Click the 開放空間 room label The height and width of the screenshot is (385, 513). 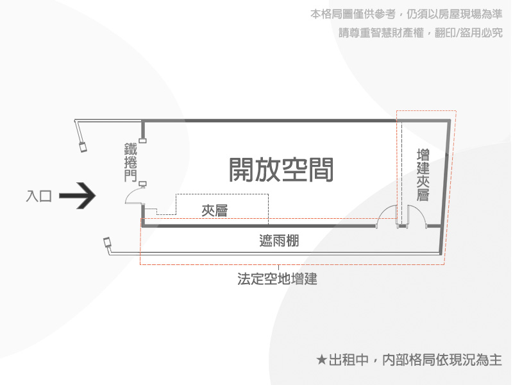[x=281, y=169]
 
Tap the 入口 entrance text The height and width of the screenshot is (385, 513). [x=39, y=196]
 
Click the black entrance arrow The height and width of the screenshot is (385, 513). [x=78, y=196]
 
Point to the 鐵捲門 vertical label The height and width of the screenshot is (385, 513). [x=131, y=162]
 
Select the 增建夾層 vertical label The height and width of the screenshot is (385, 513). [x=423, y=175]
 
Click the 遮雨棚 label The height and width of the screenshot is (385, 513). [x=279, y=241]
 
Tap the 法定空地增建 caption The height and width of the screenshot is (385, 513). [x=277, y=279]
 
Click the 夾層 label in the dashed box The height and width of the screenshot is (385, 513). [x=215, y=210]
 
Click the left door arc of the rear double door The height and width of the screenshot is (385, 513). [x=382, y=211]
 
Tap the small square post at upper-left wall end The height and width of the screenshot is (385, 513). [x=83, y=147]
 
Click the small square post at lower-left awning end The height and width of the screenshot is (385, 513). [x=107, y=243]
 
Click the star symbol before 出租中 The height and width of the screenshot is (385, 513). [x=322, y=360]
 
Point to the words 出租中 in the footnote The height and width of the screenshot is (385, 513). [x=348, y=360]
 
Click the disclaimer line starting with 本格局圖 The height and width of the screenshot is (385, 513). [x=406, y=14]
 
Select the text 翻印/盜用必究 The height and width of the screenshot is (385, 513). [x=469, y=33]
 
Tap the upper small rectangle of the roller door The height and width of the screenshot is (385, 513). [x=142, y=141]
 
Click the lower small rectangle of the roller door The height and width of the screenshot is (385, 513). [x=142, y=184]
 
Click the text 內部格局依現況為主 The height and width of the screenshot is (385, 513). [x=442, y=360]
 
